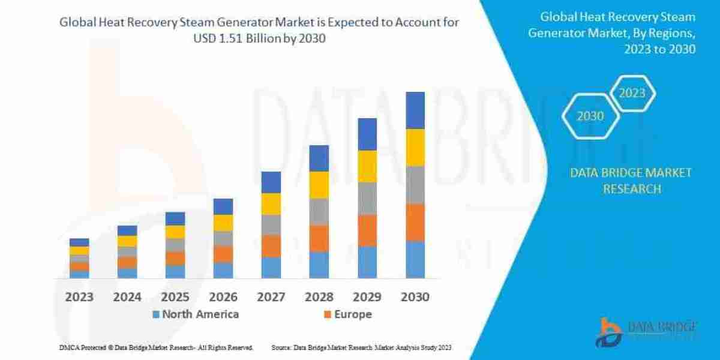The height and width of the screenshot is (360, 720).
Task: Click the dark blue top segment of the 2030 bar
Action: click(x=415, y=110)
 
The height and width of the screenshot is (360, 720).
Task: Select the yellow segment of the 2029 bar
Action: click(x=367, y=166)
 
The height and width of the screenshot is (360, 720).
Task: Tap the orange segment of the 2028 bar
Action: click(x=319, y=238)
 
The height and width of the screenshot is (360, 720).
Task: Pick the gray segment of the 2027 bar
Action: click(x=271, y=224)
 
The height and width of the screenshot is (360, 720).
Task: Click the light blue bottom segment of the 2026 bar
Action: click(x=223, y=271)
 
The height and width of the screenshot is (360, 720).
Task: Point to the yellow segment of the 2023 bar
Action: click(x=79, y=251)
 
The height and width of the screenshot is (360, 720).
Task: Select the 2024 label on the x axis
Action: click(x=127, y=296)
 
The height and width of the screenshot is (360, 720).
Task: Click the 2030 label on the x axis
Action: click(x=415, y=296)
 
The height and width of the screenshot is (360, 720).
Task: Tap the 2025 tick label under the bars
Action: click(x=175, y=296)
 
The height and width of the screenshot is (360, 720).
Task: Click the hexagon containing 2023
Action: click(x=632, y=93)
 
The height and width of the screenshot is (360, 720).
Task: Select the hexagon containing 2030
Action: click(x=590, y=116)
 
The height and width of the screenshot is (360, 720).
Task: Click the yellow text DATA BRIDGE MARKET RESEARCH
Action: click(x=631, y=181)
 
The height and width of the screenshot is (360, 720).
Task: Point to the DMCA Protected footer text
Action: click(x=156, y=347)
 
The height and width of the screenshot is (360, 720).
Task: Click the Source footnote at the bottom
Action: click(x=361, y=347)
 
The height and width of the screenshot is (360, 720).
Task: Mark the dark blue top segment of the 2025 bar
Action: click(x=175, y=218)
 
